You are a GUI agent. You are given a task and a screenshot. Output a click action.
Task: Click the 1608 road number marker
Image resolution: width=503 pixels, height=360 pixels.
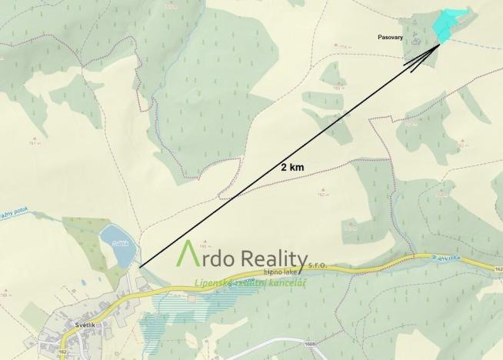[x=311, y=345]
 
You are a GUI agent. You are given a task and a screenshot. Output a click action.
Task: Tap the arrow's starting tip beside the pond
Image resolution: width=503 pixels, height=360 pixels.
[x=141, y=266]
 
